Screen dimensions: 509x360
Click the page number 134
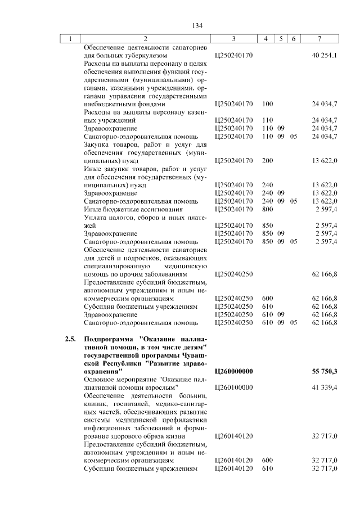point(197,26)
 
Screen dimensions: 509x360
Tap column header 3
point(233,39)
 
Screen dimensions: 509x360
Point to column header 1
point(70,39)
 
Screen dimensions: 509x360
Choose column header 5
point(280,39)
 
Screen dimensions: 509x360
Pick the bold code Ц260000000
point(234,372)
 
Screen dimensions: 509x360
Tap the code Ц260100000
point(234,388)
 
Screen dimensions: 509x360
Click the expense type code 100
point(267,104)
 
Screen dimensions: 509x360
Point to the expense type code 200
point(267,160)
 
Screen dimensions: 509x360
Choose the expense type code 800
point(267,209)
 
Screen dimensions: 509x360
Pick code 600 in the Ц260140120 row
point(267,460)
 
